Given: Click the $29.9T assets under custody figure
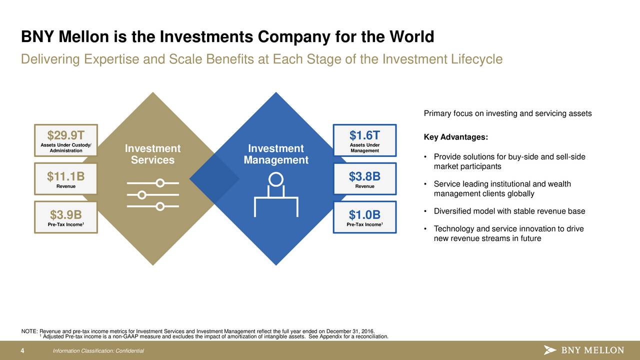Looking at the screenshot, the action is click(x=66, y=135).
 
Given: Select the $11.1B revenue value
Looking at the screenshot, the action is click(x=66, y=176).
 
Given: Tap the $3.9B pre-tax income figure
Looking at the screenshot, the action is click(x=66, y=214).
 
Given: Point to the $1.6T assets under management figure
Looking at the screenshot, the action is click(x=364, y=135).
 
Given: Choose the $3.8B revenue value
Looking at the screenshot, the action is click(x=364, y=176).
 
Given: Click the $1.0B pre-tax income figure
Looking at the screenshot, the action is click(x=364, y=214).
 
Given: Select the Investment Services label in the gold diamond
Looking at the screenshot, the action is click(x=153, y=154).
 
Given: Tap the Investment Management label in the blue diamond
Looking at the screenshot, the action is click(x=276, y=154).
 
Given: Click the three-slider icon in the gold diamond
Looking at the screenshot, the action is click(x=153, y=194).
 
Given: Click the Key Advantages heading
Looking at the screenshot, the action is click(x=456, y=137).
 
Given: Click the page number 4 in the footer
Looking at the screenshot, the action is click(x=22, y=351).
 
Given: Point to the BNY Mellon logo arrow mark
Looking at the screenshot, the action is click(x=549, y=350).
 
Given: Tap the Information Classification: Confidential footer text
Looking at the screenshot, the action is click(x=98, y=351).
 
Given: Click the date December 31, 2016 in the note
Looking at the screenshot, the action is click(x=350, y=331).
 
